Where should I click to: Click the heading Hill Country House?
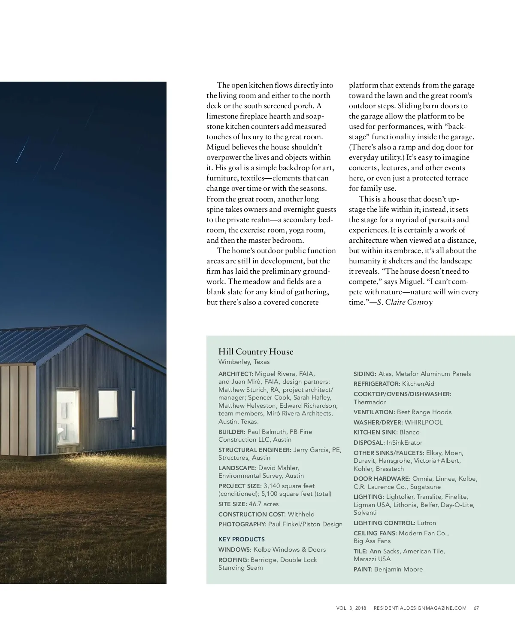pyautogui.click(x=256, y=351)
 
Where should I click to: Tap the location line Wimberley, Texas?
pyautogui.click(x=244, y=362)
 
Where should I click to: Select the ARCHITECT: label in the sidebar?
pyautogui.click(x=236, y=374)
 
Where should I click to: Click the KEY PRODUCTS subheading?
pyautogui.click(x=241, y=539)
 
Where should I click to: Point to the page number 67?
pyautogui.click(x=476, y=608)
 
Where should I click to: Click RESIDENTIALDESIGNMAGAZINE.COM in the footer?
pyautogui.click(x=420, y=608)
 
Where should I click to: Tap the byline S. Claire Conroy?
pyautogui.click(x=405, y=302)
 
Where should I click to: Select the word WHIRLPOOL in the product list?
pyautogui.click(x=424, y=422)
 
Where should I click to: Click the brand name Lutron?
pyautogui.click(x=427, y=523)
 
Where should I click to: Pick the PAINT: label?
pyautogui.click(x=363, y=569)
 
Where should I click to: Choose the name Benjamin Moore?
pyautogui.click(x=398, y=569)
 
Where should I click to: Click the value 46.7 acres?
pyautogui.click(x=264, y=504)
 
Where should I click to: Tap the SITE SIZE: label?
pyautogui.click(x=232, y=504)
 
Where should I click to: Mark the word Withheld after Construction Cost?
pyautogui.click(x=301, y=514)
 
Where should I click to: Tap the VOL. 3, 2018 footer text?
pyautogui.click(x=351, y=608)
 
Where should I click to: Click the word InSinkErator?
pyautogui.click(x=404, y=443)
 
